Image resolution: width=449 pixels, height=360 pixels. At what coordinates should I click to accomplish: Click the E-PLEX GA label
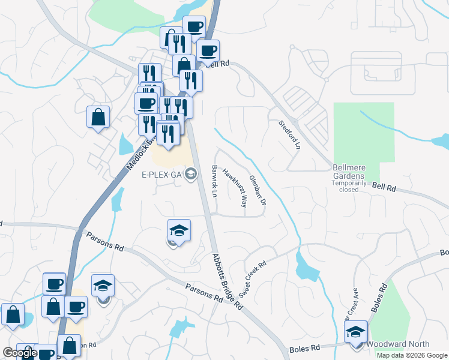[x=161, y=175]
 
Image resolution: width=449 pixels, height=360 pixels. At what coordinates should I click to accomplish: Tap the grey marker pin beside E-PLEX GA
[x=191, y=174]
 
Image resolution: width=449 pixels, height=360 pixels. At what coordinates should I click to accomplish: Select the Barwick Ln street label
[x=214, y=181]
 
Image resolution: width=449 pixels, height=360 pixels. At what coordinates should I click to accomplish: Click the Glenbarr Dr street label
[x=257, y=188]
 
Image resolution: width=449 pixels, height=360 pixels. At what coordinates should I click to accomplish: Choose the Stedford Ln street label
[x=289, y=134]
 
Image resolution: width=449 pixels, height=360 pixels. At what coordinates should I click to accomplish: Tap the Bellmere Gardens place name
[x=349, y=175]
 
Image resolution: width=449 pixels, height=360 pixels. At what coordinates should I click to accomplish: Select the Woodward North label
[x=399, y=344]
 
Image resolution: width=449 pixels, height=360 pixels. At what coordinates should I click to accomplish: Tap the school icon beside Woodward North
[x=355, y=332]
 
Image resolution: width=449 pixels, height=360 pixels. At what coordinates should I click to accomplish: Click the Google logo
[x=20, y=353]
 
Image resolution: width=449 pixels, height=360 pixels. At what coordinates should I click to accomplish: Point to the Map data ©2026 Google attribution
[x=412, y=355]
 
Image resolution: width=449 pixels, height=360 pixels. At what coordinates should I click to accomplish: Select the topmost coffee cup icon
[x=193, y=27]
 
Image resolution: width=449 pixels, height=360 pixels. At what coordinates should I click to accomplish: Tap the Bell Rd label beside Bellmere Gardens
[x=384, y=188]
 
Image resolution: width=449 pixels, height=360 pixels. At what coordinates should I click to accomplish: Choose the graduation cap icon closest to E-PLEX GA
[x=179, y=230]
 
